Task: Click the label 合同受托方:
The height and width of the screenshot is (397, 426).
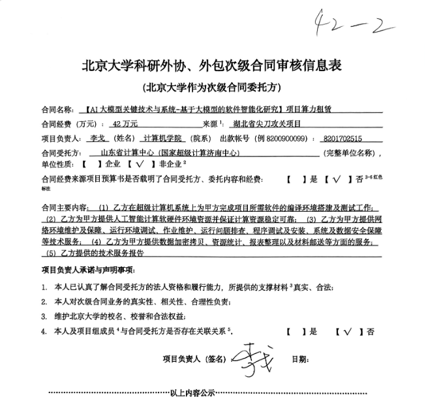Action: tap(61, 153)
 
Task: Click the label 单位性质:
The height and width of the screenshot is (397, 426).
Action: tap(56, 165)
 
